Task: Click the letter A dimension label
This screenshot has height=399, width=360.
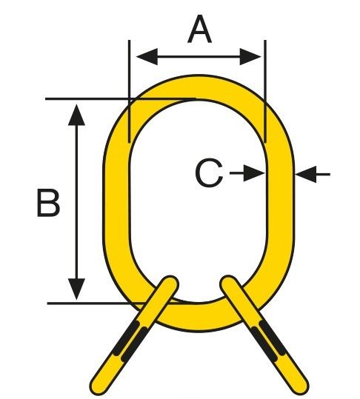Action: (x=199, y=29)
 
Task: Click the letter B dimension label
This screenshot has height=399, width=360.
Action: (x=48, y=203)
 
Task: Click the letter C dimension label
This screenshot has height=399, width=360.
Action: (x=209, y=172)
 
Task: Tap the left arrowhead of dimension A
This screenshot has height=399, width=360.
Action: (x=147, y=56)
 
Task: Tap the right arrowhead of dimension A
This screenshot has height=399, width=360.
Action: (x=250, y=56)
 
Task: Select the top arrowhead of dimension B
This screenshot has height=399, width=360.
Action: (x=76, y=115)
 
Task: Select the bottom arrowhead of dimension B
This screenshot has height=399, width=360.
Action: (x=76, y=289)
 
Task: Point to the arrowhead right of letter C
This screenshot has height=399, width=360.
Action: (x=254, y=173)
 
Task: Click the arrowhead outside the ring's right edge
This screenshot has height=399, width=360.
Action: (x=306, y=174)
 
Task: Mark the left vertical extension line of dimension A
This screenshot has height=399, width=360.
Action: (x=130, y=91)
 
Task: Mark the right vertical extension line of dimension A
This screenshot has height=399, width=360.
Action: (x=265, y=91)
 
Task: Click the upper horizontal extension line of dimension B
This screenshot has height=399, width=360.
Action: (x=121, y=98)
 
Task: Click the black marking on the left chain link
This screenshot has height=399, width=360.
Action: (x=130, y=341)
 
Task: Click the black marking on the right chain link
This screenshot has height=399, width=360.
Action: (x=268, y=341)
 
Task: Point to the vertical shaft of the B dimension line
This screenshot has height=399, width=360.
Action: (x=76, y=202)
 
